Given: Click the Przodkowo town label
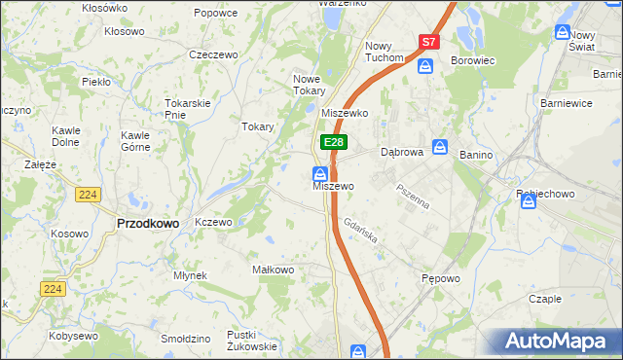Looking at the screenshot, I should pyautogui.click(x=148, y=223).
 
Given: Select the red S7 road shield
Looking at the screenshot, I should pyautogui.click(x=429, y=42).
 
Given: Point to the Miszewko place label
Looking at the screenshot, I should pyautogui.click(x=345, y=114).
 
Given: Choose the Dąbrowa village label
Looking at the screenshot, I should pyautogui.click(x=401, y=153).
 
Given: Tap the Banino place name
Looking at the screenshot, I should pyautogui.click(x=476, y=153).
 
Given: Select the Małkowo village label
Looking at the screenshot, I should pyautogui.click(x=273, y=270).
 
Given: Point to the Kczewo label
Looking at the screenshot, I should pyautogui.click(x=213, y=222).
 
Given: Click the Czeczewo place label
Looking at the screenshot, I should pyautogui.click(x=214, y=54).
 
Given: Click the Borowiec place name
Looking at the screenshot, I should pyautogui.click(x=473, y=60).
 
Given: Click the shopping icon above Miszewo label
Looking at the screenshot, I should pyautogui.click(x=319, y=174).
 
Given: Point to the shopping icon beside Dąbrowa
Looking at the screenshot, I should pyautogui.click(x=440, y=147).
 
